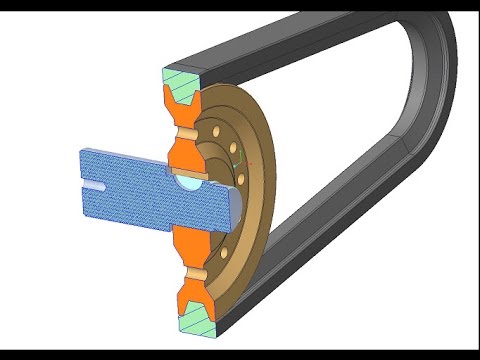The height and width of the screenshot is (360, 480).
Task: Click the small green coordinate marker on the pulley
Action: tap(236, 157)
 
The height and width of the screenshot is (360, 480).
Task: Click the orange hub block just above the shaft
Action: tap(186, 155)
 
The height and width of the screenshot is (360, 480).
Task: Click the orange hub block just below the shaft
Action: tap(188, 241)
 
